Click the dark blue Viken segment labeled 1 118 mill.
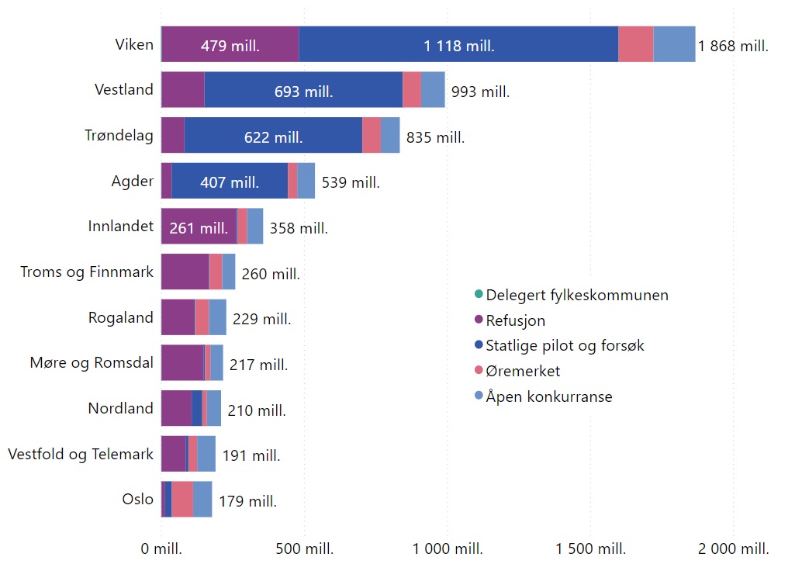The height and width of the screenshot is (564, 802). point(458,44)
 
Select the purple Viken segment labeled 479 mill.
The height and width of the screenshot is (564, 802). point(230,44)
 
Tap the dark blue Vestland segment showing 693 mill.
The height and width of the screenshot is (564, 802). point(303,90)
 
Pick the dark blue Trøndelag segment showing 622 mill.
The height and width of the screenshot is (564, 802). point(273,136)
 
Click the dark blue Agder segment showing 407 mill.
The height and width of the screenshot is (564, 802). point(230,181)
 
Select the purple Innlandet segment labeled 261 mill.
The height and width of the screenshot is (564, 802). point(199,227)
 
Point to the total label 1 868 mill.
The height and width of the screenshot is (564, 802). point(733,46)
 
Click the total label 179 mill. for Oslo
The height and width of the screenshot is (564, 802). point(247,501)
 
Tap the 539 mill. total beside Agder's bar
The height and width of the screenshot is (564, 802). point(351,183)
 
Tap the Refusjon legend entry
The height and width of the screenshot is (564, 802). point(515,320)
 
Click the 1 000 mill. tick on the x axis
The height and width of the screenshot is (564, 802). point(447,548)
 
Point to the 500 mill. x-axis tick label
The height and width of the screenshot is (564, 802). point(304,548)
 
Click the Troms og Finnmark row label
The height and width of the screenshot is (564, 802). point(87,272)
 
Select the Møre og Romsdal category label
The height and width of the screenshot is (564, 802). point(92,363)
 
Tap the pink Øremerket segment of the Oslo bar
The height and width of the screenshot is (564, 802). point(182,499)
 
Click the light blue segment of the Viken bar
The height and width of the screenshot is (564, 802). point(674,44)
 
